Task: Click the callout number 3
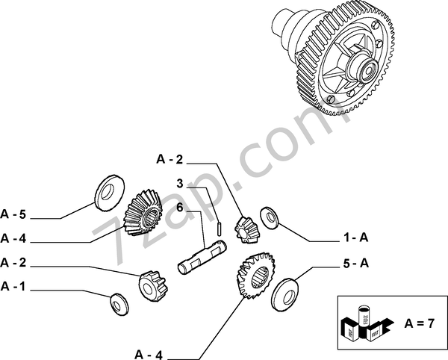(179, 184)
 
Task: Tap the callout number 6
(179, 208)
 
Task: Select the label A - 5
(13, 214)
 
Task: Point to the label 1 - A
(355, 238)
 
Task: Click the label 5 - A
(355, 263)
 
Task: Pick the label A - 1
(13, 286)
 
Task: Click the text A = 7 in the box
(419, 323)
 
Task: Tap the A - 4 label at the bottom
(149, 355)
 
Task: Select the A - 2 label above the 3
(169, 159)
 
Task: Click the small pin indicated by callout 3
(219, 229)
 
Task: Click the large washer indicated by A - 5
(110, 193)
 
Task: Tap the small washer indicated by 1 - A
(269, 217)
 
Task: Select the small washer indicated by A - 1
(119, 305)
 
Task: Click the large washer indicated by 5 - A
(284, 295)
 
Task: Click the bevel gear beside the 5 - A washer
(255, 275)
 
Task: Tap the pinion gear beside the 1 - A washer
(245, 230)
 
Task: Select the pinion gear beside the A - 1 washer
(153, 286)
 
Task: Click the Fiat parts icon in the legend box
(367, 323)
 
